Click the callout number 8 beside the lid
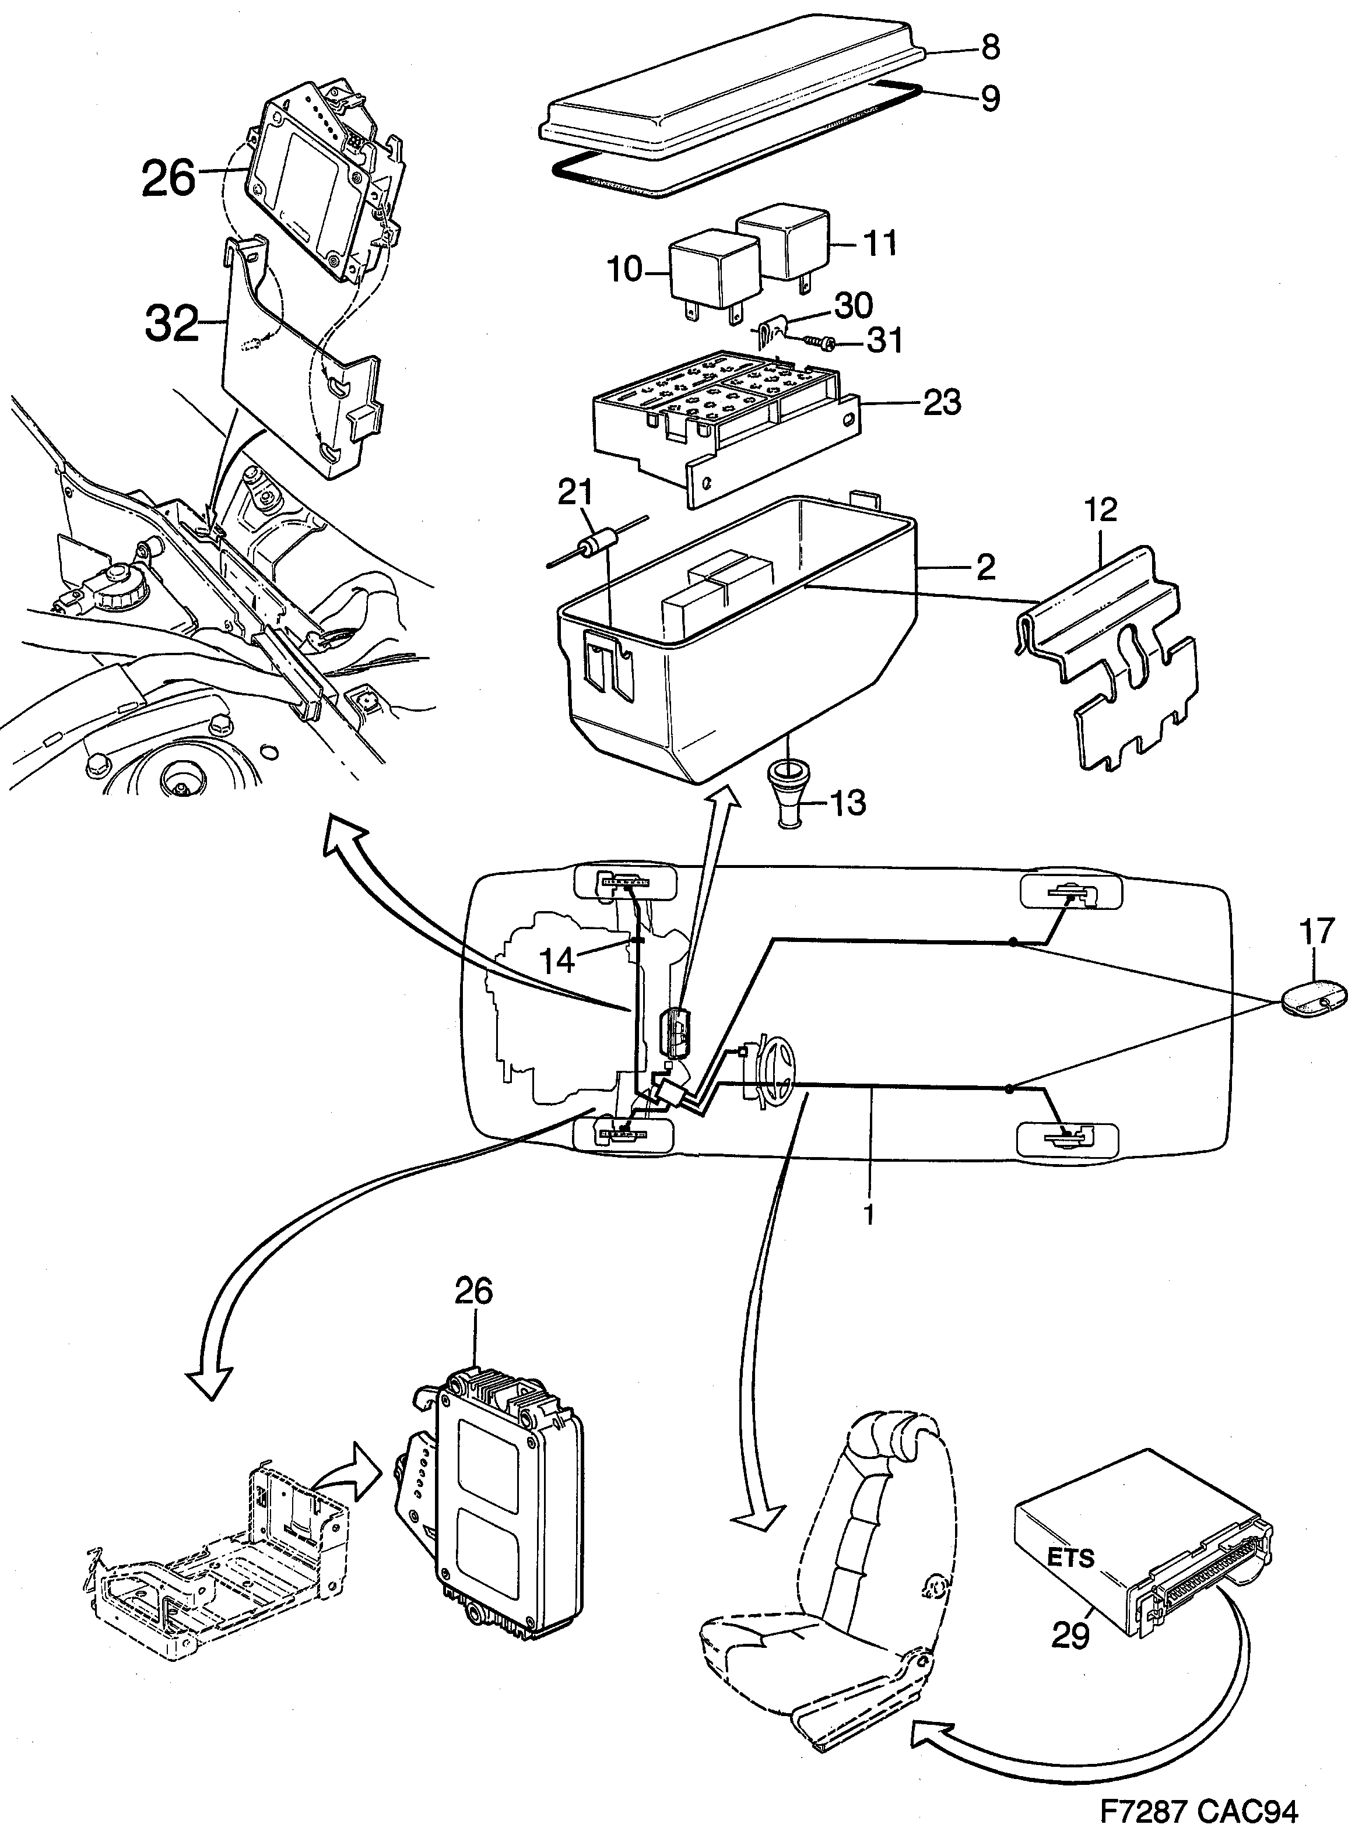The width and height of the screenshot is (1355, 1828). (x=990, y=48)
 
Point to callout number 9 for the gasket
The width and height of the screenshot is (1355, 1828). (x=990, y=99)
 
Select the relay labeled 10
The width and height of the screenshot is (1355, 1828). (x=710, y=270)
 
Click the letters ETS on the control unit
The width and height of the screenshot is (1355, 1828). (x=1070, y=1558)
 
